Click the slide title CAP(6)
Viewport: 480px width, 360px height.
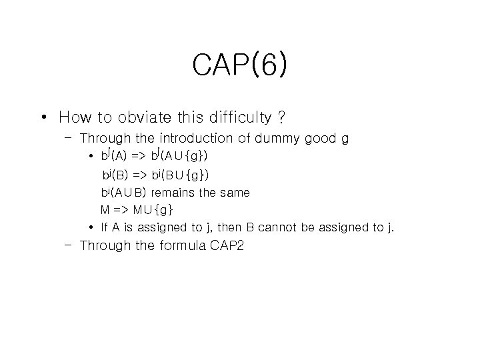tap(240, 65)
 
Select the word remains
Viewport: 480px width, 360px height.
tap(177, 193)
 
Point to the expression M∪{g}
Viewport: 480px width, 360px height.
tap(153, 210)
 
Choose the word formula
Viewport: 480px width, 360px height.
tap(183, 245)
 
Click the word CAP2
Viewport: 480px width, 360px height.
tap(228, 245)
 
